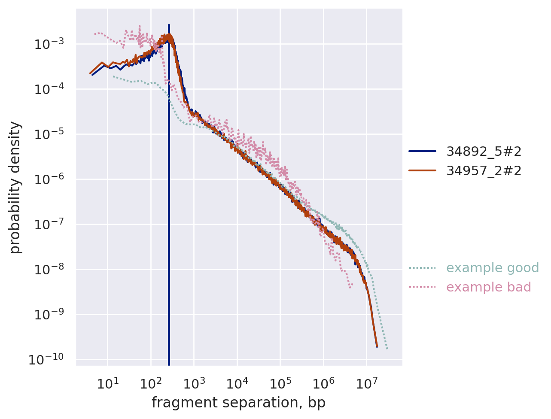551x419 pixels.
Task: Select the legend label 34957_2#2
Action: pyautogui.click(x=484, y=171)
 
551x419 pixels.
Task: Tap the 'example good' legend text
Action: pyautogui.click(x=492, y=268)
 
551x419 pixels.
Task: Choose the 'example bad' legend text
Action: pyautogui.click(x=488, y=287)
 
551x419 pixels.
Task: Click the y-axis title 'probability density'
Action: pyautogui.click(x=15, y=187)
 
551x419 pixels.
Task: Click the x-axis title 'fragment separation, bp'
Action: pyautogui.click(x=238, y=403)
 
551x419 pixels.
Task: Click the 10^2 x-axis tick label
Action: pyautogui.click(x=151, y=383)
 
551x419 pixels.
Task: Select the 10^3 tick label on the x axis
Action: pyautogui.click(x=194, y=383)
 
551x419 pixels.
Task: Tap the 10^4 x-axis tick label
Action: pyautogui.click(x=237, y=383)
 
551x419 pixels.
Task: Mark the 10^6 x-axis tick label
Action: pyautogui.click(x=323, y=383)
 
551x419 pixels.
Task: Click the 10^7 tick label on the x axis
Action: pyautogui.click(x=366, y=383)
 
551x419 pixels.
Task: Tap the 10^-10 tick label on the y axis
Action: pyautogui.click(x=46, y=359)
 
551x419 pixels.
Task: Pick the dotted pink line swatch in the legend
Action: pyautogui.click(x=422, y=287)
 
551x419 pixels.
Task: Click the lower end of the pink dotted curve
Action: pyautogui.click(x=350, y=287)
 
